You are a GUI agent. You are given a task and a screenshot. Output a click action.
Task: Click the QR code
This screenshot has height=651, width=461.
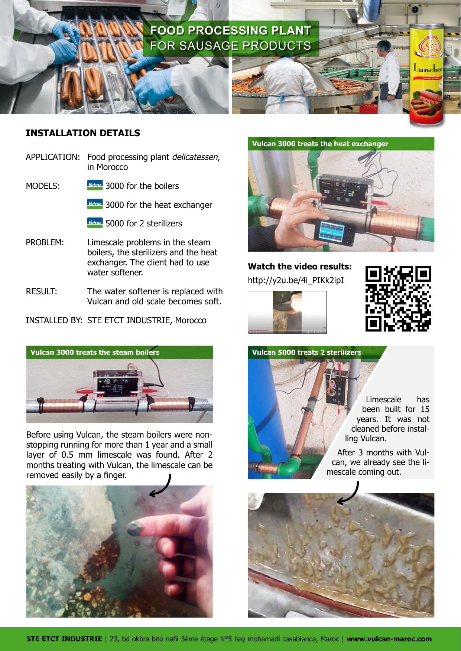(399, 298)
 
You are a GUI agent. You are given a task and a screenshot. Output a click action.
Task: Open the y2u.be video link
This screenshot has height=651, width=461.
(296, 280)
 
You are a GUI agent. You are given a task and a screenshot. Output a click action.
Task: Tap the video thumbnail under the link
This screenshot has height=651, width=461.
(287, 313)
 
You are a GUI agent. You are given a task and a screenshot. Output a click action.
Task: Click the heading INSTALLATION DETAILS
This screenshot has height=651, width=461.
(83, 133)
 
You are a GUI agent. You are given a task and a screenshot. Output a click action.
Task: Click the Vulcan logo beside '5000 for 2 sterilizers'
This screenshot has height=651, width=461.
(95, 223)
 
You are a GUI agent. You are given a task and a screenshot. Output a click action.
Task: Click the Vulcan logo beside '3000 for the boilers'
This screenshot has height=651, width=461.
(95, 185)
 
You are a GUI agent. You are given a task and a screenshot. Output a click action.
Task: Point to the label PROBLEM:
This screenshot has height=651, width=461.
(45, 243)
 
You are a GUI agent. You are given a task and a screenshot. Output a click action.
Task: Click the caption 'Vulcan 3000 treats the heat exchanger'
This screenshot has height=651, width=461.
(320, 144)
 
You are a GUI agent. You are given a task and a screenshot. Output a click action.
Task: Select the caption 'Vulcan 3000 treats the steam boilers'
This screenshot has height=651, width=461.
(95, 352)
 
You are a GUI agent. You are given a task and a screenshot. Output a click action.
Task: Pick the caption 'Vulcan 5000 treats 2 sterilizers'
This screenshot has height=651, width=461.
(306, 352)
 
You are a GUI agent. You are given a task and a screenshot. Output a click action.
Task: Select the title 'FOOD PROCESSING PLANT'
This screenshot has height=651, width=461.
(230, 30)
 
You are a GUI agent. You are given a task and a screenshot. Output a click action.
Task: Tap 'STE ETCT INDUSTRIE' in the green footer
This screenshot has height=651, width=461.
(64, 639)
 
